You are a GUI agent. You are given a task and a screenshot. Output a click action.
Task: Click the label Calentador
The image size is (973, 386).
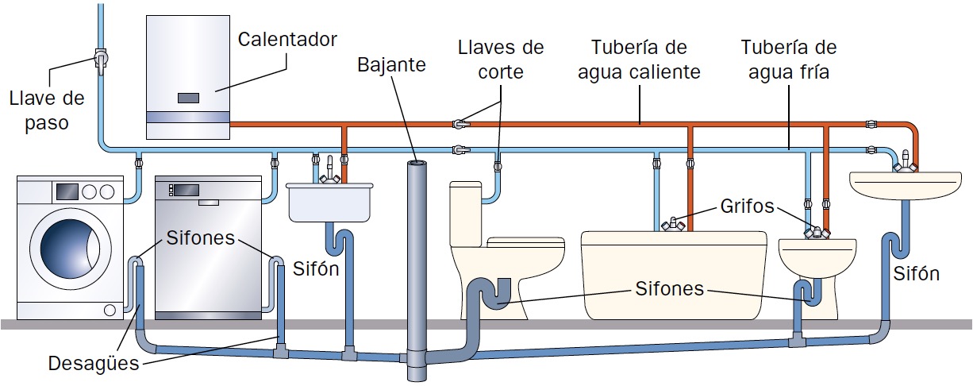[287, 40]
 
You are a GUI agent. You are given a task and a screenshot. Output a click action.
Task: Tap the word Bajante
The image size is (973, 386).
[390, 64]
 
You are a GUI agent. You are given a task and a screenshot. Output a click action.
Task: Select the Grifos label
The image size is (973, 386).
[747, 207]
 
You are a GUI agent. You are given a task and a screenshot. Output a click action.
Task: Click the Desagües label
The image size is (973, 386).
[93, 365]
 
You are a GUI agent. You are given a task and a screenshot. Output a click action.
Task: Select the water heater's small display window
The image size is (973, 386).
[188, 98]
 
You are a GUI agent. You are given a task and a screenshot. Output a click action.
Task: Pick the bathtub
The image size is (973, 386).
[674, 274]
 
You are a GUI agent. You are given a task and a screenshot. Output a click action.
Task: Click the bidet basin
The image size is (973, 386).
[818, 255]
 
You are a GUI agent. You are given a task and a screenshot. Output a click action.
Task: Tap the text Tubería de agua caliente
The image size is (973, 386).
[639, 60]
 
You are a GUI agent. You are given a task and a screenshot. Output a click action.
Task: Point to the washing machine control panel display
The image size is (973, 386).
[67, 191]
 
